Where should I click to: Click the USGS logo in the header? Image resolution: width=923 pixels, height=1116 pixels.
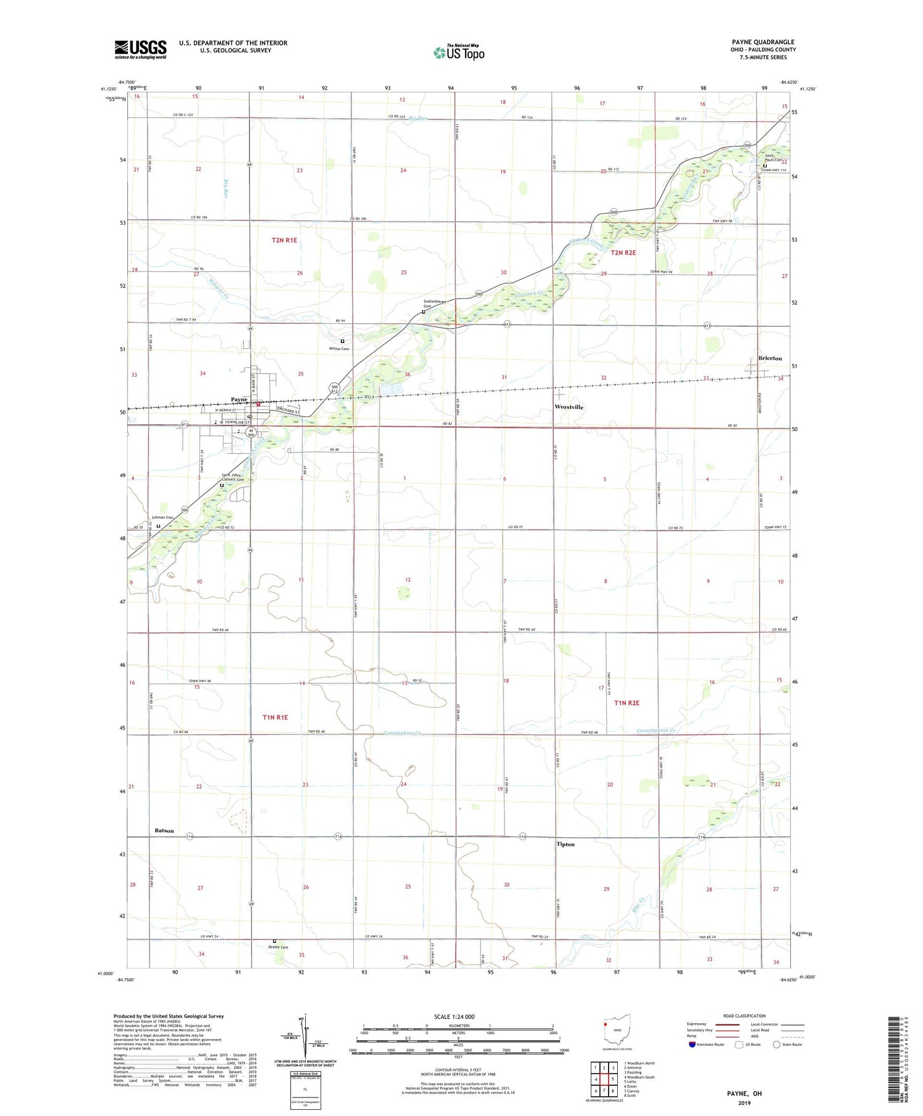[x=140, y=49]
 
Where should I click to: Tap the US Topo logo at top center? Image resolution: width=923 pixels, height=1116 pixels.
[x=459, y=52]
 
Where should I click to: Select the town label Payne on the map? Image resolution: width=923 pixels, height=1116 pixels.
[x=239, y=399]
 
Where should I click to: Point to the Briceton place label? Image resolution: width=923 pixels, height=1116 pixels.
[x=770, y=358]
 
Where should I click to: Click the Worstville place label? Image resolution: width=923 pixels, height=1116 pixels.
[x=569, y=407]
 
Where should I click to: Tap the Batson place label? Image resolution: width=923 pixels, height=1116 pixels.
[x=164, y=830]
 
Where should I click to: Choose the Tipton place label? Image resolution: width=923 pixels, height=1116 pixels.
[x=565, y=844]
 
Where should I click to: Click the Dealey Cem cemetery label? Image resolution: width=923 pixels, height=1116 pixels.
[x=278, y=947]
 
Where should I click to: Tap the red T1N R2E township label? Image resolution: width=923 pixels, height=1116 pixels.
[x=626, y=702]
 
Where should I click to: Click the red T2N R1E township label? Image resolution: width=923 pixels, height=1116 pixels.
[x=284, y=240]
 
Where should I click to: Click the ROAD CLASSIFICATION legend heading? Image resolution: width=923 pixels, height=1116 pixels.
[x=744, y=1016]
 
